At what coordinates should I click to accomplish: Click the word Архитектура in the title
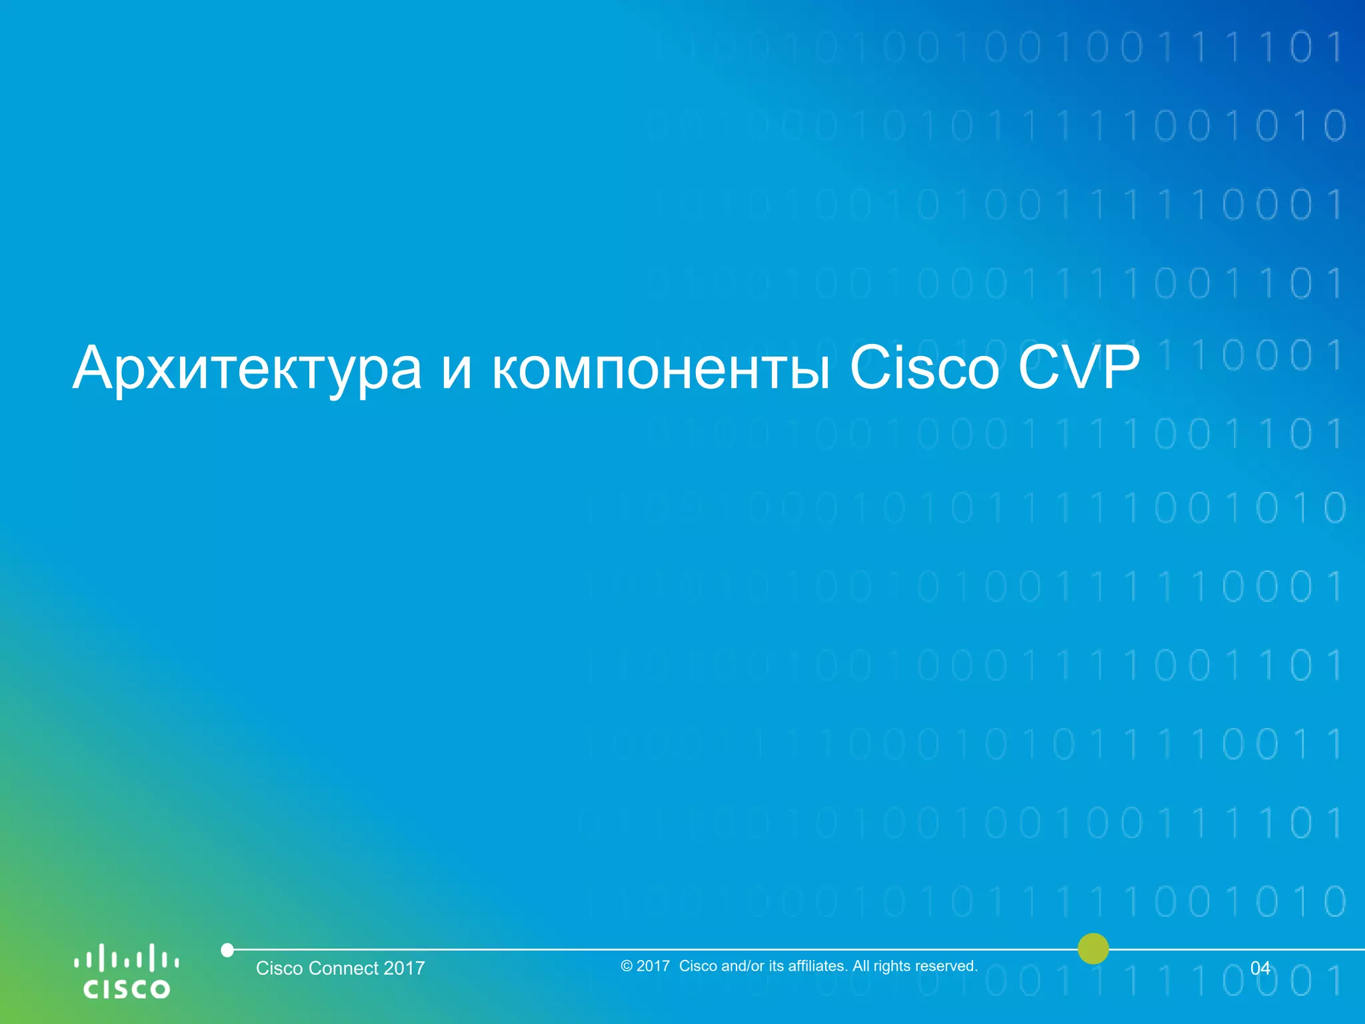(247, 368)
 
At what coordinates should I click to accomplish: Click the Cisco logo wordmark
(126, 988)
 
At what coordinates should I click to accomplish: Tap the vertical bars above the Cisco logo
(126, 958)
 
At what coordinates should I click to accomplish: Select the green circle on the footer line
(1093, 949)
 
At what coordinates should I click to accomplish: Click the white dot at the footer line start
(227, 950)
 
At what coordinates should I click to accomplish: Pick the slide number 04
(1260, 968)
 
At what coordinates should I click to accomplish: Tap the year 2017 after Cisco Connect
(405, 968)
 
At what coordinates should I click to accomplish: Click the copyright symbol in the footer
(626, 966)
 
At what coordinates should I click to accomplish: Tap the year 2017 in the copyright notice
(653, 966)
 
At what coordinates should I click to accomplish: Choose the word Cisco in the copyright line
(698, 966)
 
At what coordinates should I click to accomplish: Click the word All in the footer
(860, 966)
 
